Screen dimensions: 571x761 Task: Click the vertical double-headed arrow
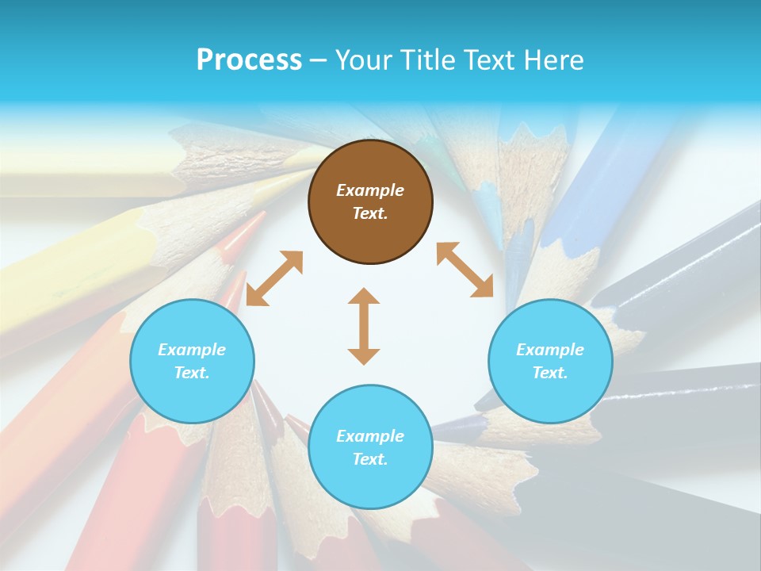(x=364, y=326)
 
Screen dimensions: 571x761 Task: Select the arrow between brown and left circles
(x=274, y=278)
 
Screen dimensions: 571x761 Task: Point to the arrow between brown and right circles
(x=465, y=270)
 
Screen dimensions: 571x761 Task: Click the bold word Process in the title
(x=249, y=60)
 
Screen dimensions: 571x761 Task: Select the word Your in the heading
(x=361, y=60)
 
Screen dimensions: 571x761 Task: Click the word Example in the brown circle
(x=370, y=190)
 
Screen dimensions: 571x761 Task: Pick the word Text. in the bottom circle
(x=370, y=459)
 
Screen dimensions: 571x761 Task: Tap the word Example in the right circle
(x=550, y=350)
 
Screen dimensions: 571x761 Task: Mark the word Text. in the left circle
(x=192, y=373)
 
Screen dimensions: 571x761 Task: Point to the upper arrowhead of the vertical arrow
(x=364, y=297)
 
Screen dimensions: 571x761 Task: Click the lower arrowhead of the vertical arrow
(x=364, y=356)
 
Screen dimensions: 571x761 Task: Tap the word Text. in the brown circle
(x=370, y=213)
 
